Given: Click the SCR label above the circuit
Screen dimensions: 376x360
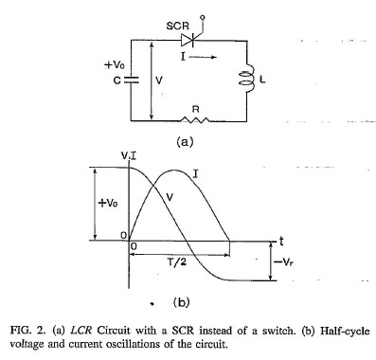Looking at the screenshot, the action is (177, 26).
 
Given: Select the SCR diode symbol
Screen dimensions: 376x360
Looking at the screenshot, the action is (188, 40).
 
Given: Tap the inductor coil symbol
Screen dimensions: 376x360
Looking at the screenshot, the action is (247, 79).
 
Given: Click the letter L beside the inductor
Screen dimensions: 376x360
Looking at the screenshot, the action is (262, 80).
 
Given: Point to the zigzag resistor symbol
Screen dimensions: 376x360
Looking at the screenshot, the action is (195, 119).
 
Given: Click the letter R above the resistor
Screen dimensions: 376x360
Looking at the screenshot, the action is (196, 109).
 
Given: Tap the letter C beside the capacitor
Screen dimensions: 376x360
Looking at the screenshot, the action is (117, 81).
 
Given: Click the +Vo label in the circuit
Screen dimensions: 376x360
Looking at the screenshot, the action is (115, 65).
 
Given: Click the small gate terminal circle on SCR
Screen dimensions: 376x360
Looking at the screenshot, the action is (203, 17).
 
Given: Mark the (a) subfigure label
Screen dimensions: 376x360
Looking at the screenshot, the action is (185, 141).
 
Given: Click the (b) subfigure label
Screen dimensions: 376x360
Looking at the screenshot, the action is (181, 302).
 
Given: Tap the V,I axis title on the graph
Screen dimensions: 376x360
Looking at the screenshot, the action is (129, 155).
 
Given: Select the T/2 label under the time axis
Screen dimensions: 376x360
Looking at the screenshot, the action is (176, 261).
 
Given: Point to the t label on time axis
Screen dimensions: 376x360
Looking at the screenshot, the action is (281, 242).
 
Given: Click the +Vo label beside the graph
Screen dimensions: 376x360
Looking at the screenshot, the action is (108, 203).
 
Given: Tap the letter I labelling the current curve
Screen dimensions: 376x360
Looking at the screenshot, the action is (195, 173).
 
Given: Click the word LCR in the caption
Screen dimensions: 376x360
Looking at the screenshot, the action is (81, 331).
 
